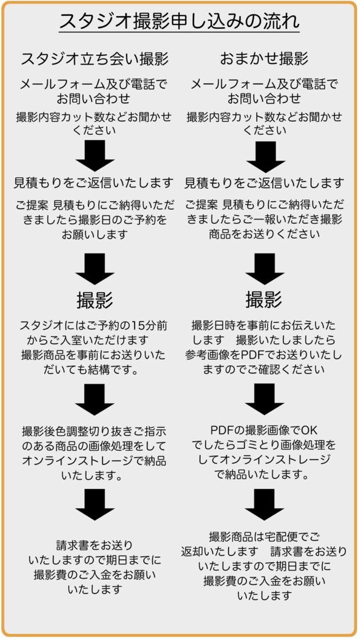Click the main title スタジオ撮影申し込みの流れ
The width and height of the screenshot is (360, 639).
pos(179,21)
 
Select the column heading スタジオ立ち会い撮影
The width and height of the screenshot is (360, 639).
pos(95,59)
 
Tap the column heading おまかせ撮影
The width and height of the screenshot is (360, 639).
pos(264,59)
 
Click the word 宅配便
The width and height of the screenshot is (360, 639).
pos(282,536)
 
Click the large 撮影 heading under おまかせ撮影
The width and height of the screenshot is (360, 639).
pos(264,301)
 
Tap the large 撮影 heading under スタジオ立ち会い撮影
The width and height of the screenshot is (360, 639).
pos(95,301)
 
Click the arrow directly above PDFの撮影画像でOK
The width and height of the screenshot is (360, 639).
pos(264,399)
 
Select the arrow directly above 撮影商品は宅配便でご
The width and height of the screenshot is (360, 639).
pos(264,504)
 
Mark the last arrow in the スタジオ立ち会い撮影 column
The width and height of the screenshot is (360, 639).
pos(95,504)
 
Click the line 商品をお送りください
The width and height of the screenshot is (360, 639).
pos(264,234)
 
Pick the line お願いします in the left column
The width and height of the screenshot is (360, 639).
pos(95,234)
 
